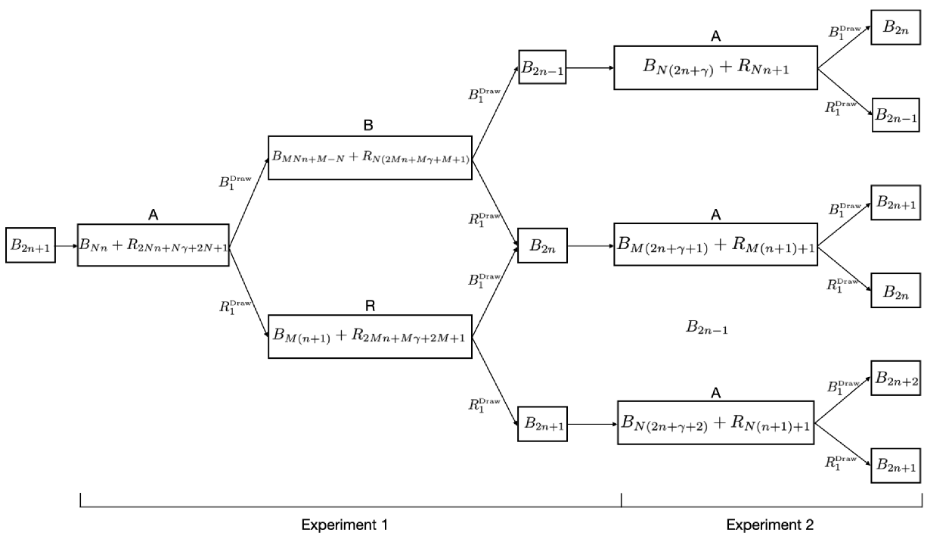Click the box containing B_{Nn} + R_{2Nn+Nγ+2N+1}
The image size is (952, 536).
153,245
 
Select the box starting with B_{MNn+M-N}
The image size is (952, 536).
370,157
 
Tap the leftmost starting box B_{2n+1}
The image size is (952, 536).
31,245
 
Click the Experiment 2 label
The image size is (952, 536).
771,525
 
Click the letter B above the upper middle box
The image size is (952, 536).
370,124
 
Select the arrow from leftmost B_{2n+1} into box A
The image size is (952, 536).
67,245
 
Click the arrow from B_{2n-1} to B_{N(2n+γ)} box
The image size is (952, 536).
590,67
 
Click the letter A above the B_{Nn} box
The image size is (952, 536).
153,215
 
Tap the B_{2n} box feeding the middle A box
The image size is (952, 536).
541,245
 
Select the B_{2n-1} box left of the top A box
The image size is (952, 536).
541,67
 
